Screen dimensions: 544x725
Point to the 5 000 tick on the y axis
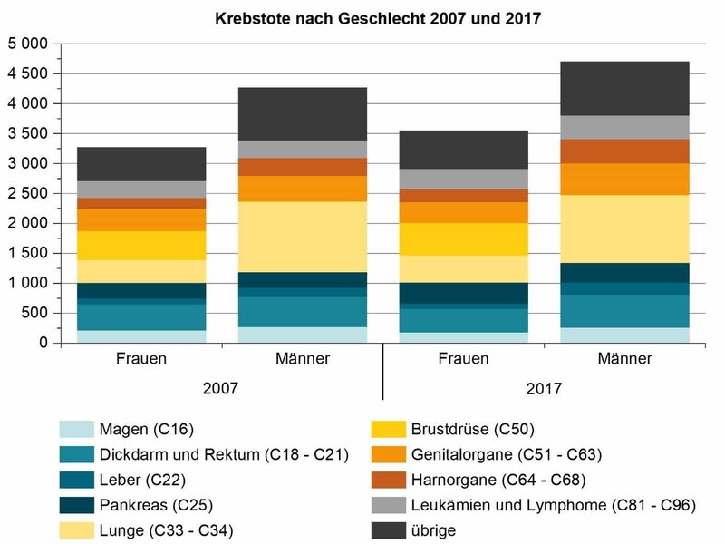(x=29, y=44)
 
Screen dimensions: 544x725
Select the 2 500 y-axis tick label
(x=29, y=193)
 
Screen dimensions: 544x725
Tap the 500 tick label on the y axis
(x=36, y=313)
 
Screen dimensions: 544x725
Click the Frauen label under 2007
(x=141, y=359)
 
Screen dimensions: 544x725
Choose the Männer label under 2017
(x=624, y=359)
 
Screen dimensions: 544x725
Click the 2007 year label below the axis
(x=221, y=388)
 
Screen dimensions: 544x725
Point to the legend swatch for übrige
(x=391, y=530)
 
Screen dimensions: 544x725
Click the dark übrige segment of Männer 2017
(x=624, y=88)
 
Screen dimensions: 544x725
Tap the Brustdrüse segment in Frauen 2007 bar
(x=141, y=245)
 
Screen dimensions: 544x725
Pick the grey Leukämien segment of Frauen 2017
(x=463, y=179)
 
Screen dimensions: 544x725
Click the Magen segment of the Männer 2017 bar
(x=624, y=335)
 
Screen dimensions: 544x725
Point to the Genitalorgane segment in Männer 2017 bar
(x=624, y=179)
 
